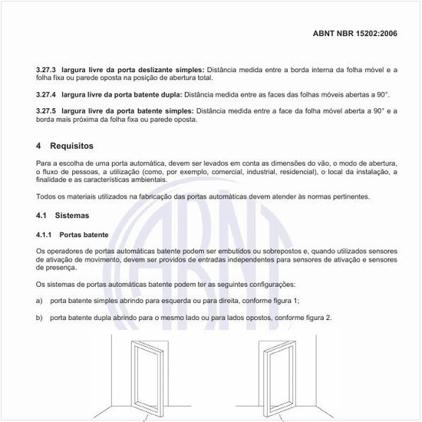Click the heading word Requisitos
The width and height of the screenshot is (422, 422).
click(x=71, y=145)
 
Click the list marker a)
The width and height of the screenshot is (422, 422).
click(x=39, y=300)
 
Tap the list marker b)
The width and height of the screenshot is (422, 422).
click(x=39, y=318)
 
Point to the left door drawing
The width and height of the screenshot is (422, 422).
click(x=145, y=376)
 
